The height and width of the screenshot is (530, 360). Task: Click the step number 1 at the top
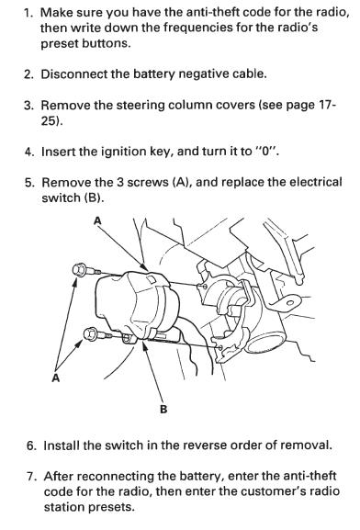click(28, 13)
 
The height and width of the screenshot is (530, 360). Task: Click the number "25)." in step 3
click(52, 120)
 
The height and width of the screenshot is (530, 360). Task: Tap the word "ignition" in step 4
click(124, 152)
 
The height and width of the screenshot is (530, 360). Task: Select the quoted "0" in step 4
click(266, 151)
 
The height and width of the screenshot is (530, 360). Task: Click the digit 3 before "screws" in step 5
click(120, 183)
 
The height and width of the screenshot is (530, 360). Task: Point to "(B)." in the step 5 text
click(94, 198)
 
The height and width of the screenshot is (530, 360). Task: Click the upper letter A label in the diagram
click(97, 220)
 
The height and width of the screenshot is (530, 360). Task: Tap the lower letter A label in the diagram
click(56, 378)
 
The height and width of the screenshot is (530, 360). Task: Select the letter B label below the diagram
click(163, 410)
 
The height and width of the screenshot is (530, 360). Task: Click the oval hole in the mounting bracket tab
click(290, 302)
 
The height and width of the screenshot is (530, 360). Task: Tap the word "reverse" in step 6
click(205, 445)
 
